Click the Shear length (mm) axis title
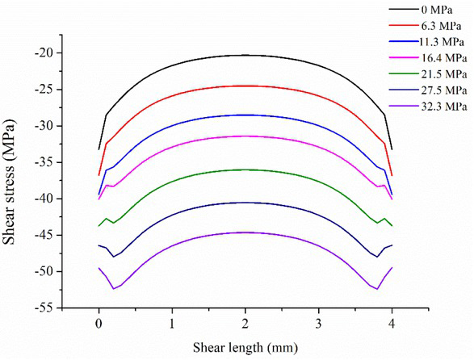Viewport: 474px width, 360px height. pyautogui.click(x=245, y=348)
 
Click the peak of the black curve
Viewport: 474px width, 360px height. pyautogui.click(x=245, y=55)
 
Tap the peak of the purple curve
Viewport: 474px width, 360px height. pyautogui.click(x=245, y=232)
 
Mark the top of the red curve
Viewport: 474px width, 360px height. pyautogui.click(x=245, y=86)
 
